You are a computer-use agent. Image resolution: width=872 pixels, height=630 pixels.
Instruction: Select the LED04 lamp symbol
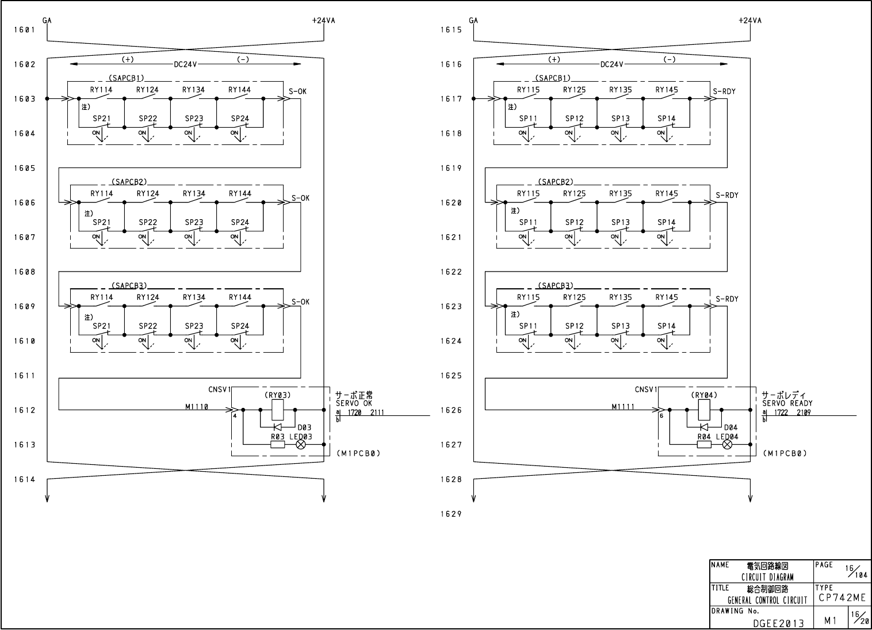[727, 445]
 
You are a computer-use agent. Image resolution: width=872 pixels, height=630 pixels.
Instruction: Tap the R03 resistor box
[278, 445]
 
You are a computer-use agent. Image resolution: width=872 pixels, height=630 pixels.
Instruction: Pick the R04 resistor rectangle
[704, 445]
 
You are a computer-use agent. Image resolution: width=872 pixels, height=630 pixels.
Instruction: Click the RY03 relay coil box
[277, 410]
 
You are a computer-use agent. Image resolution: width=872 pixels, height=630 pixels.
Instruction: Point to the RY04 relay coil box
[704, 410]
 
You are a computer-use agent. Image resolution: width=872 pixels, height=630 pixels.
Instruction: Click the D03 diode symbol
[277, 427]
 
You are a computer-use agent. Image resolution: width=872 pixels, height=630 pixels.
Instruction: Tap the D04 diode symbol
[703, 427]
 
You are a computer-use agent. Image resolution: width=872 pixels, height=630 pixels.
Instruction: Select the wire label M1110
[196, 407]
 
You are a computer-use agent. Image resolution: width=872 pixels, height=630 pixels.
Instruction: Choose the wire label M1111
[622, 407]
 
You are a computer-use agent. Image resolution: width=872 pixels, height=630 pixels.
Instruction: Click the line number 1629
[451, 514]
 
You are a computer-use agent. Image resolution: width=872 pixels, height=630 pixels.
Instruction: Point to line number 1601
[24, 29]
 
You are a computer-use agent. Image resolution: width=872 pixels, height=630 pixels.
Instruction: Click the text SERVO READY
[787, 403]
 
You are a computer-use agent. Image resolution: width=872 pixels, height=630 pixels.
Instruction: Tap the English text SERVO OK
[354, 403]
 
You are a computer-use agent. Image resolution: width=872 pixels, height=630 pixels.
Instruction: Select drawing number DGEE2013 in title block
[778, 623]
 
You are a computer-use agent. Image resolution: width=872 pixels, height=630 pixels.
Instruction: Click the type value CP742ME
[842, 598]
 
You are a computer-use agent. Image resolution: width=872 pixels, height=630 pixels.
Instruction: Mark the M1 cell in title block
[830, 621]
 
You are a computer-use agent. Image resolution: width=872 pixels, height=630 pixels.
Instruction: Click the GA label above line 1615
[473, 21]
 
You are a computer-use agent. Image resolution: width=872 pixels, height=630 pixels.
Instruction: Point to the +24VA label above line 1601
[323, 21]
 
